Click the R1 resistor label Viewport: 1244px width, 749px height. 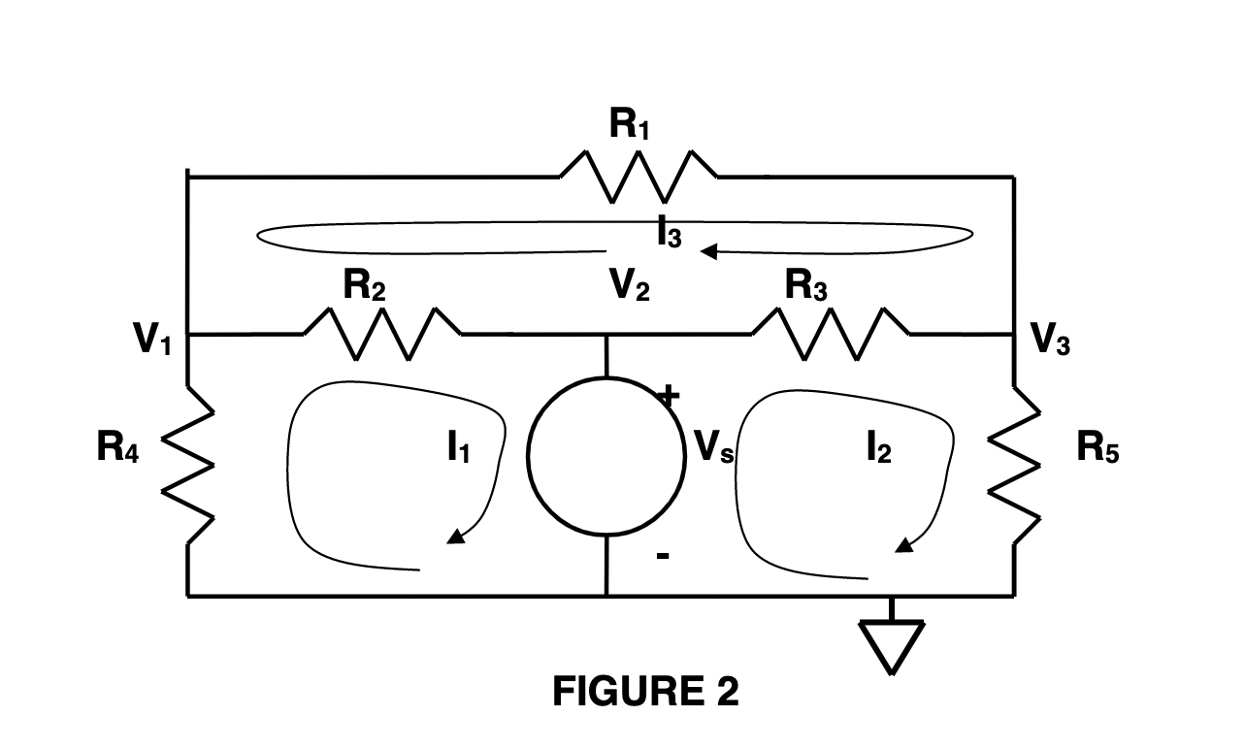click(x=629, y=125)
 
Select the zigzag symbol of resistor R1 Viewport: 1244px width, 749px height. click(x=638, y=177)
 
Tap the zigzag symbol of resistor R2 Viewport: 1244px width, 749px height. click(x=382, y=333)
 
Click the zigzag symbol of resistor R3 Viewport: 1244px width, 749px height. click(x=831, y=333)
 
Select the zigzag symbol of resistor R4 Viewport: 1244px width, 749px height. click(x=187, y=463)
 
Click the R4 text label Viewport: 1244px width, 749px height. click(x=117, y=448)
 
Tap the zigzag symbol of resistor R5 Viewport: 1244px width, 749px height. click(x=1015, y=463)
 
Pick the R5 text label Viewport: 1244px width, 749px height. click(x=1098, y=448)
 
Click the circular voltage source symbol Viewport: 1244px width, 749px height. click(x=606, y=455)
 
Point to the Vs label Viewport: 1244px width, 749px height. click(x=714, y=448)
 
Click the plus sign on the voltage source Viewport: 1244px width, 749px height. click(x=669, y=395)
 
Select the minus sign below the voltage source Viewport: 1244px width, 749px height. click(x=663, y=557)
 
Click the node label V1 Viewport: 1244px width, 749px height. click(x=153, y=341)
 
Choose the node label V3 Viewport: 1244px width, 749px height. click(x=1050, y=341)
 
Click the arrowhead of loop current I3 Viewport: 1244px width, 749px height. click(x=708, y=252)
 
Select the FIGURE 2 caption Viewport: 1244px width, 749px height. click(x=645, y=692)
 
